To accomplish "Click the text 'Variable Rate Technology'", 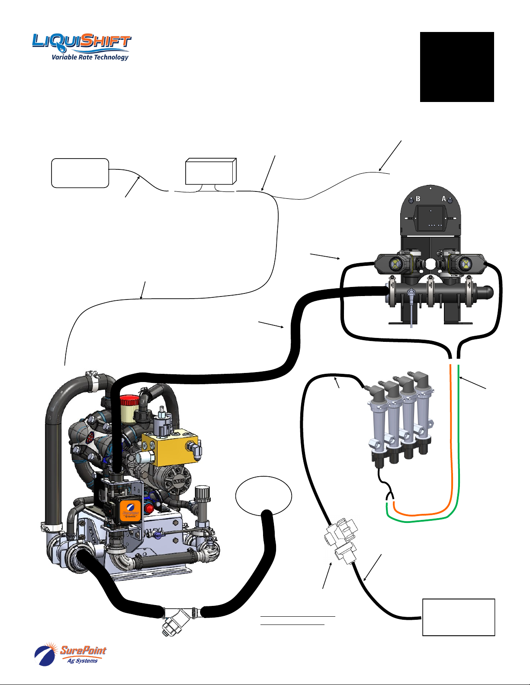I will click(x=90, y=57).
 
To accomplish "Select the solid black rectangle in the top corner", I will click(x=457, y=67).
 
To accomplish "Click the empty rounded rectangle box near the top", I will click(x=80, y=173).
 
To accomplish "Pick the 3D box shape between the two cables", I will click(x=210, y=172).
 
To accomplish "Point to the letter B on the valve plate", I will click(x=418, y=199).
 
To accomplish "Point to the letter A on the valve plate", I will click(x=443, y=199).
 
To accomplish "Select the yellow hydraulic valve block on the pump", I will click(x=169, y=449).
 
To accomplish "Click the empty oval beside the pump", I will click(x=263, y=496).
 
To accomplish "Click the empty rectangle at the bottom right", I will click(x=458, y=617).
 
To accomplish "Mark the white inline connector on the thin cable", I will click(x=342, y=540).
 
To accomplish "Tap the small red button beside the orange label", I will click(x=150, y=508).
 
